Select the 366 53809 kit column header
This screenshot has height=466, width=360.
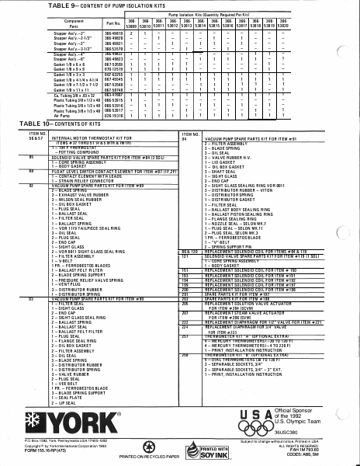(x=132, y=23)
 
